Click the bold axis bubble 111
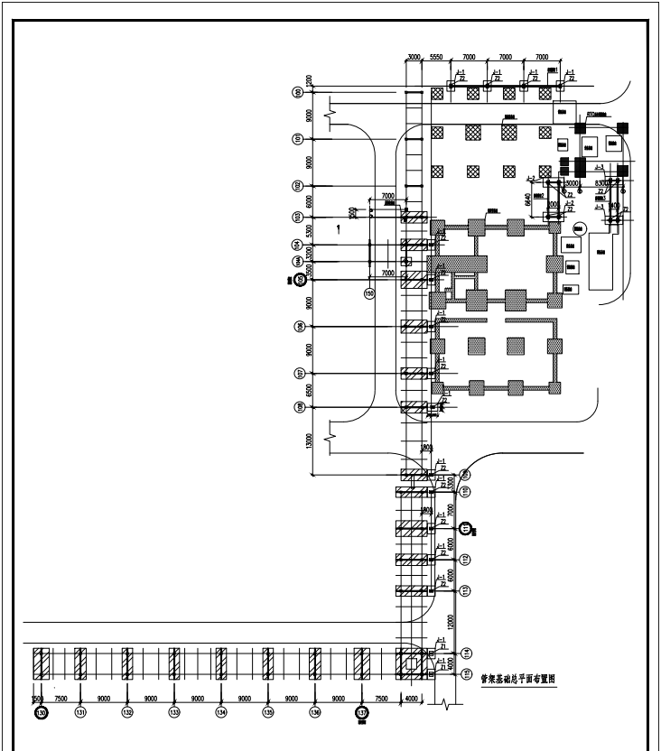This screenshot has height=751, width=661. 466,528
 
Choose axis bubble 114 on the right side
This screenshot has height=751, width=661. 466,652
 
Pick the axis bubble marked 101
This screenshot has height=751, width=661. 297,138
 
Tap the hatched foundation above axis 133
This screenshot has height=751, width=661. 174,664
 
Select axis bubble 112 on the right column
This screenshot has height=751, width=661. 466,560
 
